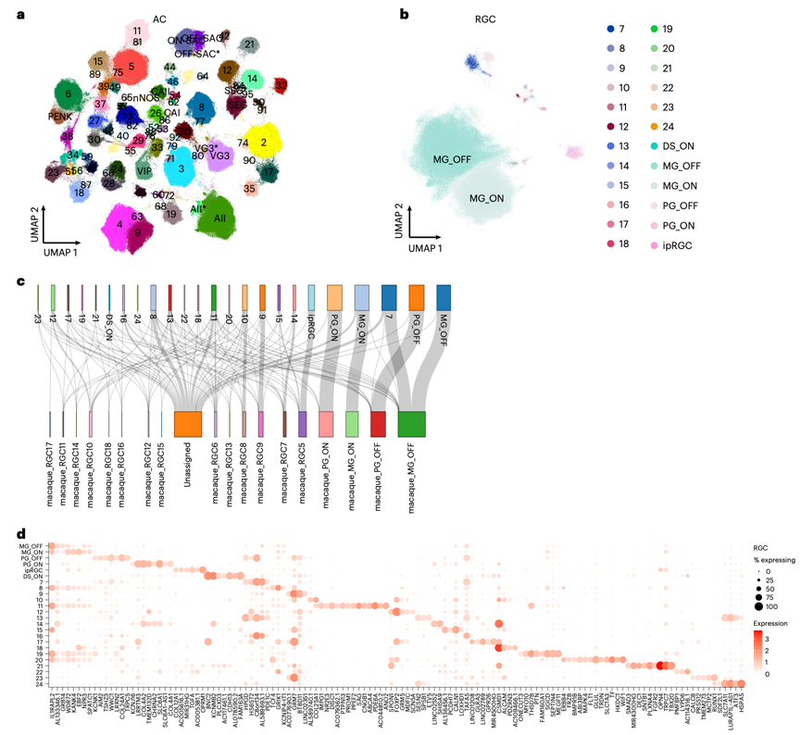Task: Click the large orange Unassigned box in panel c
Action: (x=188, y=423)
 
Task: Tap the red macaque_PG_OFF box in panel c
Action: (x=378, y=423)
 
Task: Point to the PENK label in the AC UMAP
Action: (x=61, y=117)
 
